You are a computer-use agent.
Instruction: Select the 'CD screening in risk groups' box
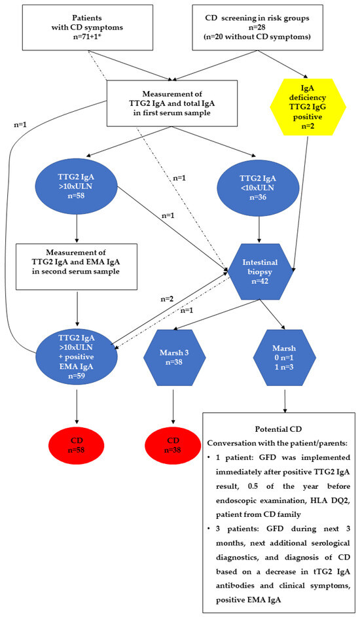coord(253,26)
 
